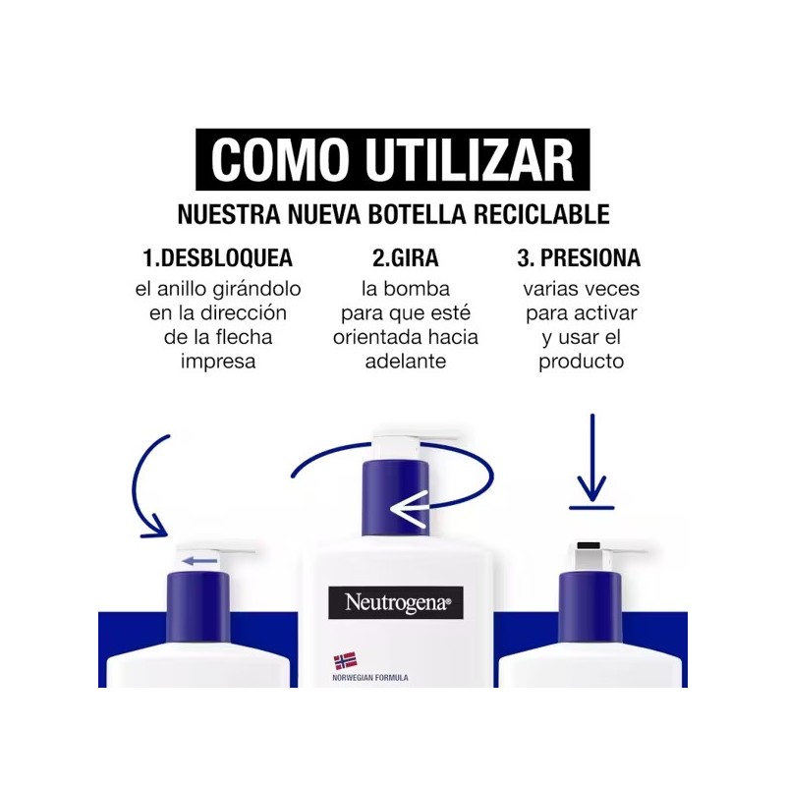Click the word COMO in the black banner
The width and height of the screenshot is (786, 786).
pyautogui.click(x=280, y=160)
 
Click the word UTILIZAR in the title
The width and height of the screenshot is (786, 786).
pyautogui.click(x=470, y=160)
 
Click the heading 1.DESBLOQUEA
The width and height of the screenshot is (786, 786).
pyautogui.click(x=218, y=257)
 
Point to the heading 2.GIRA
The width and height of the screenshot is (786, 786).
pyautogui.click(x=406, y=257)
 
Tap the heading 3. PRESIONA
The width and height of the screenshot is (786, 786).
pyautogui.click(x=579, y=257)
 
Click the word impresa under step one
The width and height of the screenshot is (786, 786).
pyautogui.click(x=218, y=362)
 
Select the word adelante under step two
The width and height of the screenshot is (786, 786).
pyautogui.click(x=406, y=361)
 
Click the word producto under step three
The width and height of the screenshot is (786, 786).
pyautogui.click(x=582, y=362)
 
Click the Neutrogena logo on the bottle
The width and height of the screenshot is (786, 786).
pyautogui.click(x=396, y=602)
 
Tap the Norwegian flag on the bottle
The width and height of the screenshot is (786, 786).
pyautogui.click(x=346, y=660)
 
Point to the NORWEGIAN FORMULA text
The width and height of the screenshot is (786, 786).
pyautogui.click(x=370, y=678)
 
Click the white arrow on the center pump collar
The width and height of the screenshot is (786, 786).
pyautogui.click(x=410, y=508)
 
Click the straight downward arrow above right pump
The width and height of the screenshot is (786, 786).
pyautogui.click(x=592, y=457)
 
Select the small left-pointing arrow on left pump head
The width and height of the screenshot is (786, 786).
pyautogui.click(x=199, y=561)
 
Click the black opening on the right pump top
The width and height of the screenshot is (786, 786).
pyautogui.click(x=589, y=546)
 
